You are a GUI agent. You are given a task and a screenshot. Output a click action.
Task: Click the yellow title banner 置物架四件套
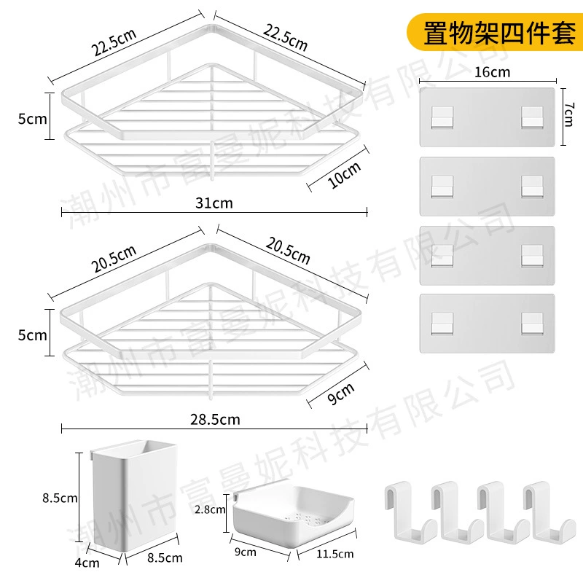click(x=495, y=32)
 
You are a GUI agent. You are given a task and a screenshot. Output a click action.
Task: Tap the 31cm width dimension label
click(x=214, y=203)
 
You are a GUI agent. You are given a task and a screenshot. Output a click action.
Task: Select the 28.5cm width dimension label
click(x=215, y=420)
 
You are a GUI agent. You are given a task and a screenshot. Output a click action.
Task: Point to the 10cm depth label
click(x=344, y=175)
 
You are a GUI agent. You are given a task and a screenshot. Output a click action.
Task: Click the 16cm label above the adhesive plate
click(x=492, y=71)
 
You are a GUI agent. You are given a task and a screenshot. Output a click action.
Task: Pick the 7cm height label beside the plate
click(x=568, y=115)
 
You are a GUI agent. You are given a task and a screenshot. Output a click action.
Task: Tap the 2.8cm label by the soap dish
click(x=210, y=509)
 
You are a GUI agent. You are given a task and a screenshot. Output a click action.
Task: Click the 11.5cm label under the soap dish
click(x=334, y=554)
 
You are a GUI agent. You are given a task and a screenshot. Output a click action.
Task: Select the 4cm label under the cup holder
click(x=87, y=563)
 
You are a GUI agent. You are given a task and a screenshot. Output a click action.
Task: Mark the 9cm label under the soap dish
click(x=245, y=552)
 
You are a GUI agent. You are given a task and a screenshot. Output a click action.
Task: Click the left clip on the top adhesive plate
click(x=442, y=117)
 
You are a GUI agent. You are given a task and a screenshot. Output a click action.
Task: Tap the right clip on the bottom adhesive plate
click(x=532, y=323)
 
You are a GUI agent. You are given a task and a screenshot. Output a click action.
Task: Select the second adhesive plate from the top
click(x=487, y=187)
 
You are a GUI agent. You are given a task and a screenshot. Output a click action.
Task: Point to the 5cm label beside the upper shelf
click(x=32, y=119)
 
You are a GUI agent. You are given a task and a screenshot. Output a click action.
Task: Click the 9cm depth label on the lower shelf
click(x=340, y=394)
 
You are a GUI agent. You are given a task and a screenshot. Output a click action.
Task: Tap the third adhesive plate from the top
click(x=487, y=256)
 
